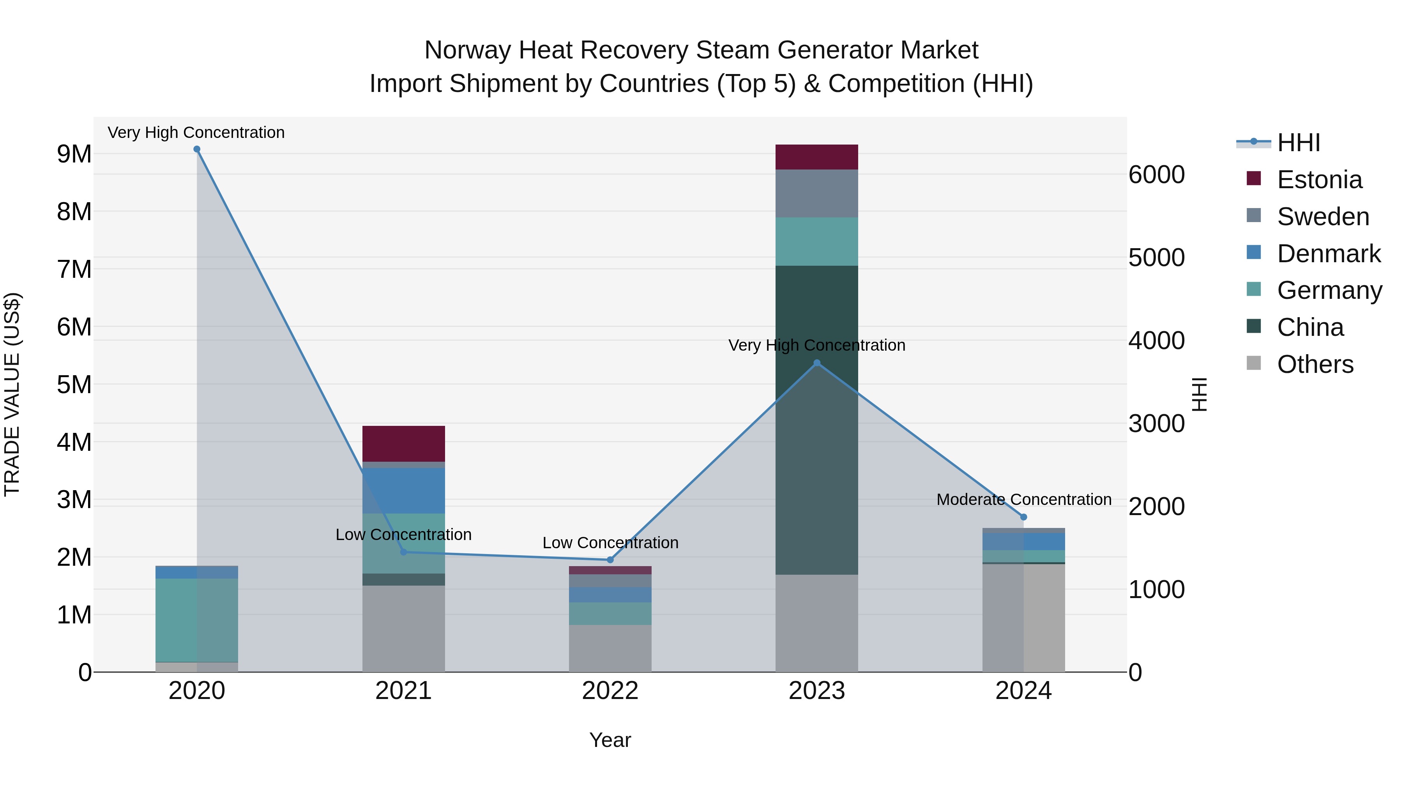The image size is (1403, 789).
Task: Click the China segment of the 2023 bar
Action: (x=816, y=419)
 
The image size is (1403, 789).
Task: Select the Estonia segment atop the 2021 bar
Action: (x=404, y=444)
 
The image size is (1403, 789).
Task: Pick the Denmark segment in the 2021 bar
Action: (x=404, y=490)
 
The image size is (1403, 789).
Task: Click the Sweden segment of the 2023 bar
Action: (x=816, y=193)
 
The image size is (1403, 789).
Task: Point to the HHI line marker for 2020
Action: (x=197, y=149)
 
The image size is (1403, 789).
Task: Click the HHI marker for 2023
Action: (x=816, y=363)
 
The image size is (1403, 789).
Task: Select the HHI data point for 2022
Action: (x=610, y=560)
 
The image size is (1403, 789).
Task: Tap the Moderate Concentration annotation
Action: (x=1023, y=500)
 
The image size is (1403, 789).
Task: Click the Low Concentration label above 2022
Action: (x=610, y=543)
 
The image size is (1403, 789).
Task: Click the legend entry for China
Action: (x=1310, y=327)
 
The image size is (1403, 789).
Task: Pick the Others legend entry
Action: (x=1315, y=364)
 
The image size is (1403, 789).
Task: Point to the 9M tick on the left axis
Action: (x=74, y=154)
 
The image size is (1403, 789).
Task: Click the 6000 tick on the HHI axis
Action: (x=1156, y=175)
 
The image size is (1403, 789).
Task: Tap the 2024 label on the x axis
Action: (x=1023, y=691)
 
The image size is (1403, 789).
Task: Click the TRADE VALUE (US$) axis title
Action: (x=12, y=394)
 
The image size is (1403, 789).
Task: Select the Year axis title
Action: (x=610, y=740)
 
